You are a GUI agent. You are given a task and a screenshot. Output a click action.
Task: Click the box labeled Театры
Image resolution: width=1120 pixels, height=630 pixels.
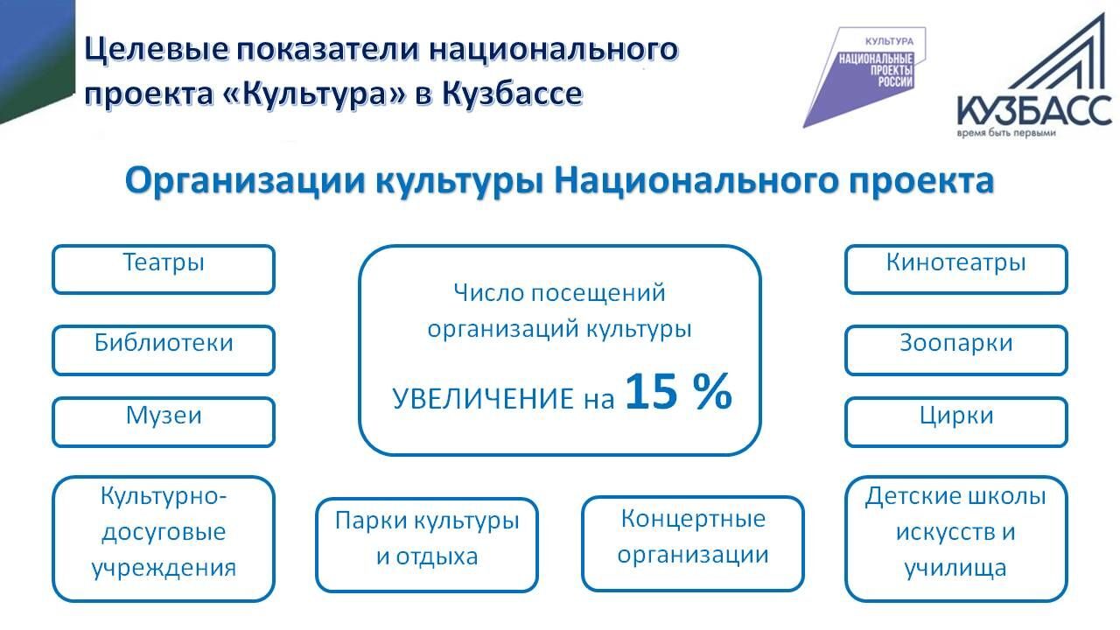(164, 269)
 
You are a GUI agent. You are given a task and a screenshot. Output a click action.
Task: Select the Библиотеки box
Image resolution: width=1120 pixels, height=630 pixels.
(164, 350)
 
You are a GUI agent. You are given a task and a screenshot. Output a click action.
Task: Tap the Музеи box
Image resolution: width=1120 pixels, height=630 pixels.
(164, 422)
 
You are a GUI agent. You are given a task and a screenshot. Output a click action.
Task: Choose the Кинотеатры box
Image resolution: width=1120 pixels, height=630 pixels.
(956, 269)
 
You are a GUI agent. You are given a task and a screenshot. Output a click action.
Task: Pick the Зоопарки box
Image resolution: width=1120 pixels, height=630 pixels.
(956, 350)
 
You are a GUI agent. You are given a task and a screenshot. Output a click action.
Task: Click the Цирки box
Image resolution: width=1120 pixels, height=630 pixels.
(956, 422)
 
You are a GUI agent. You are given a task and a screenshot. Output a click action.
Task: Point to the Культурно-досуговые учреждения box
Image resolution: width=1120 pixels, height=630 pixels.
(164, 539)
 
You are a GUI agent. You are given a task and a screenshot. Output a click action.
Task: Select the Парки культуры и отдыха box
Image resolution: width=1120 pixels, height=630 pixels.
(426, 545)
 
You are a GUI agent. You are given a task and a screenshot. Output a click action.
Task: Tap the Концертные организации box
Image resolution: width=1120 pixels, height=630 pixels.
(692, 543)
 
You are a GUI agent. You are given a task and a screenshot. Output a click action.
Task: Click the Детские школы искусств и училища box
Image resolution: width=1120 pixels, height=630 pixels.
(956, 539)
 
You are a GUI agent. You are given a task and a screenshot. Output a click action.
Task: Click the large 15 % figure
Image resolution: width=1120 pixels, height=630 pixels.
(678, 391)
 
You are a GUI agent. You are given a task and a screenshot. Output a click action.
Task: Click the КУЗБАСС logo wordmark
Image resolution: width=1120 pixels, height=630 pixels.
(1034, 111)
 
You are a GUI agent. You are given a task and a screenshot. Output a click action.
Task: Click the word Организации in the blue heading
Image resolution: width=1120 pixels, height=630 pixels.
(246, 181)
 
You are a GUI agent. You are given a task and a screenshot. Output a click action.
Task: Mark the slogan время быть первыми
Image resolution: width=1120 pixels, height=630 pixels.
(1006, 134)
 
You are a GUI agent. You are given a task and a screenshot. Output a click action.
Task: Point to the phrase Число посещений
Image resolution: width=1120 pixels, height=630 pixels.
(559, 293)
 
